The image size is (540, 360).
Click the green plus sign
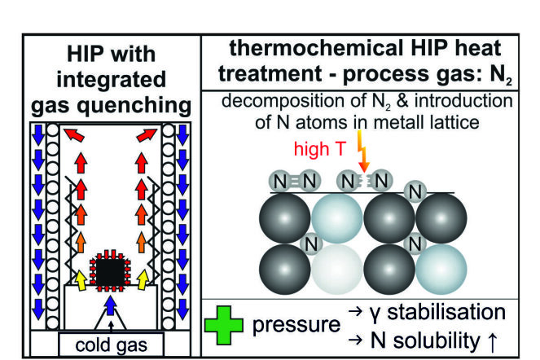(x=224, y=325)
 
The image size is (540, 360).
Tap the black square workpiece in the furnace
(x=110, y=272)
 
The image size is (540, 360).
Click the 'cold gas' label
(x=112, y=345)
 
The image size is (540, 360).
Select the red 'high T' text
(x=319, y=149)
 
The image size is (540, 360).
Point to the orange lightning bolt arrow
(x=362, y=151)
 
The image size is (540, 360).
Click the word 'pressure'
(x=296, y=325)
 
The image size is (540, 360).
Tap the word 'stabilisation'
(x=446, y=312)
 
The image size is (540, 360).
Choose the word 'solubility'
(x=437, y=341)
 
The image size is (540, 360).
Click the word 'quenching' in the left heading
(x=134, y=105)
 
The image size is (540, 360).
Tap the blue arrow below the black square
(x=110, y=305)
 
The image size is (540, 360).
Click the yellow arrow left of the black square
(x=81, y=279)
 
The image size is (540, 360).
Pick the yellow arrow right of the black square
(x=143, y=279)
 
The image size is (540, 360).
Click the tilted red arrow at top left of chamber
(x=74, y=134)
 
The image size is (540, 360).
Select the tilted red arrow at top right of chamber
(x=147, y=134)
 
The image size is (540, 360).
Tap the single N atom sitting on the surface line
(x=415, y=192)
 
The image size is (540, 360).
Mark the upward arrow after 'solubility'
(x=493, y=341)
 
